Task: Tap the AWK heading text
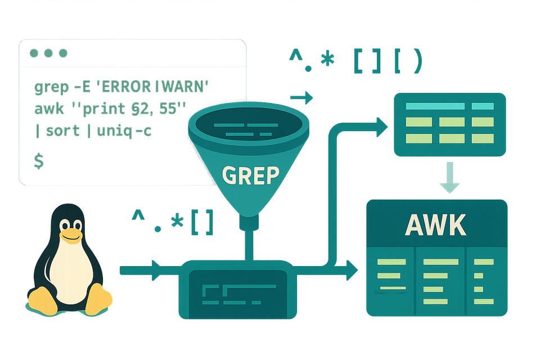click(436, 225)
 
